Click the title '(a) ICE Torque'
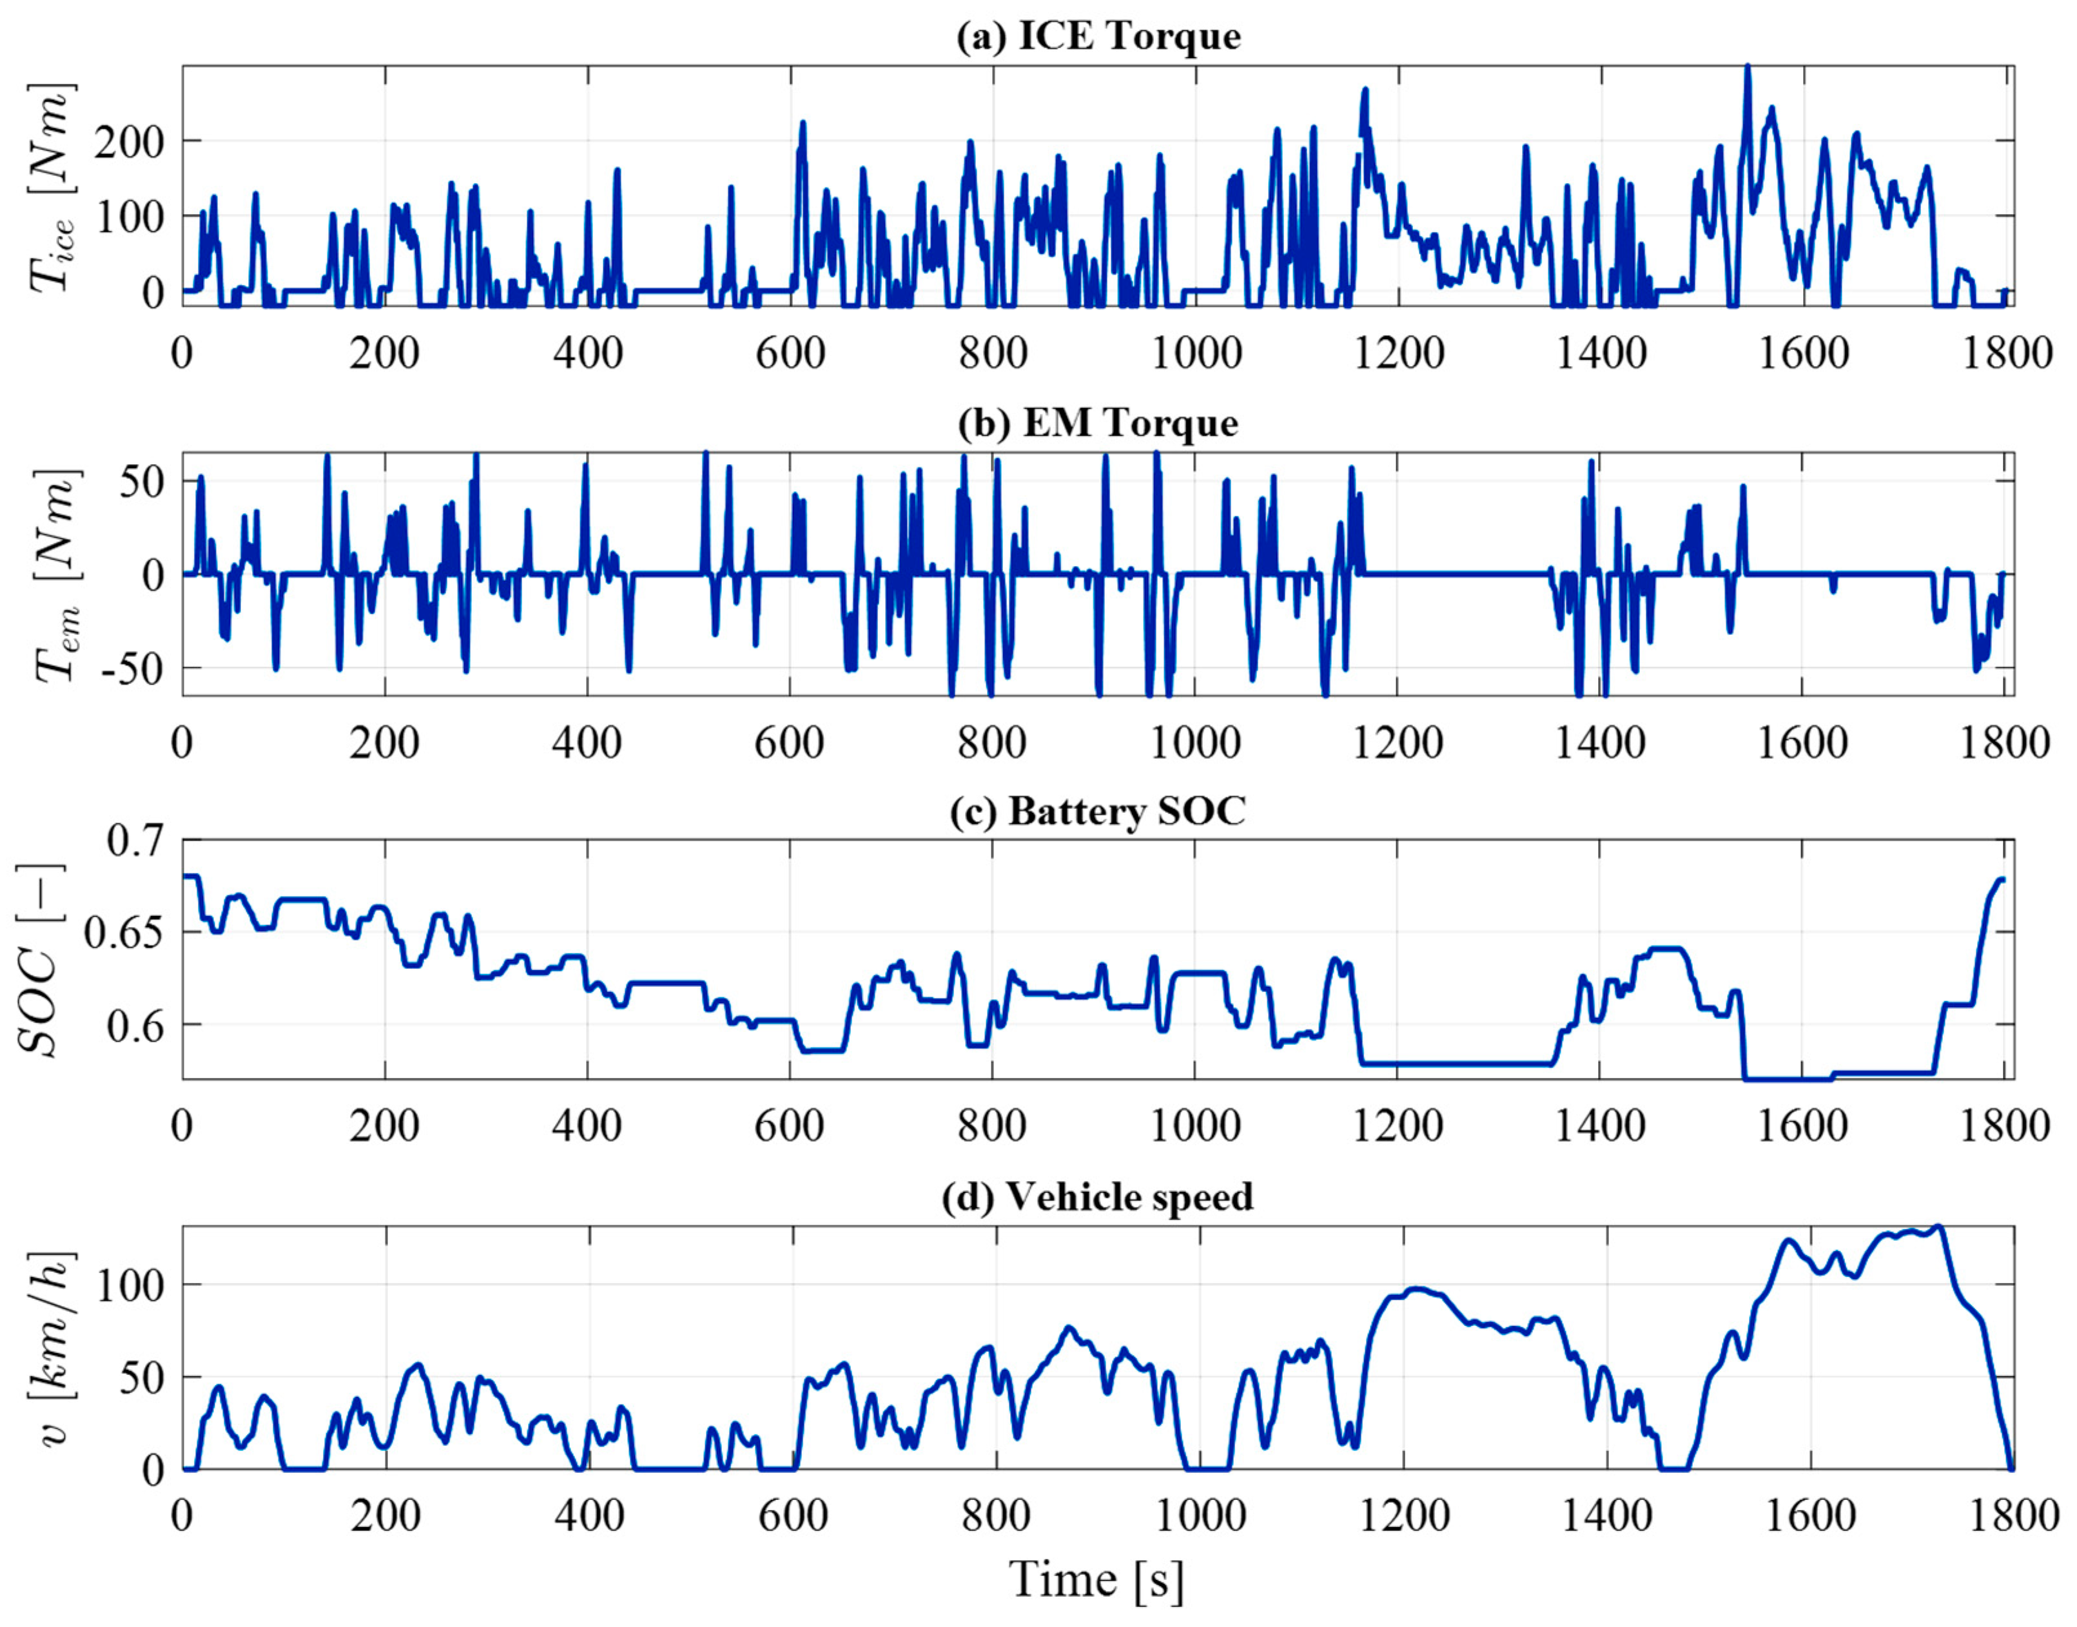(1098, 36)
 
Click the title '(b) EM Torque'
(1098, 423)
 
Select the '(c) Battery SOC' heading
(1098, 811)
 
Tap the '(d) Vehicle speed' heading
(1098, 1196)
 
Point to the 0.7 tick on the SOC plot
(134, 841)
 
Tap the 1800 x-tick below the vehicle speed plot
(2012, 1515)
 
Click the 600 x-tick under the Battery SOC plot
(790, 1127)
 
